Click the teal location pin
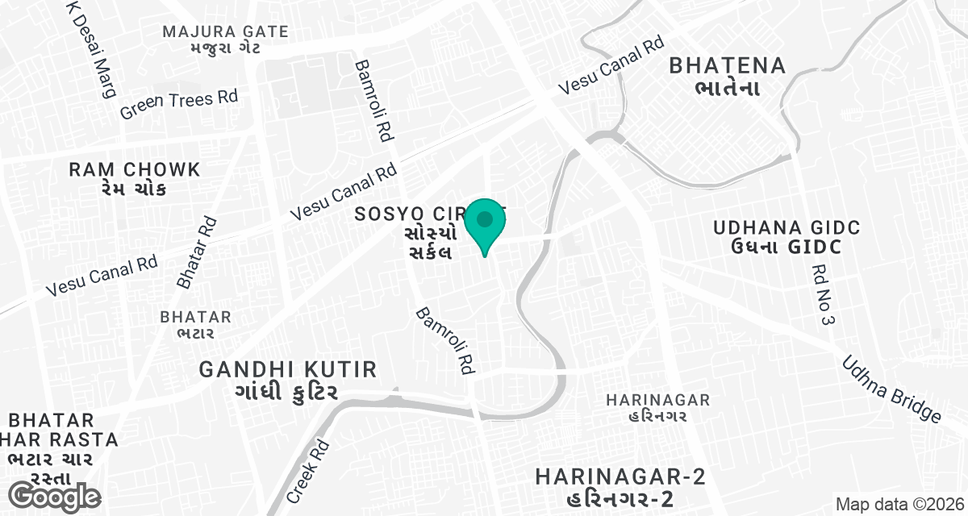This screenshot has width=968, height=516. point(485,224)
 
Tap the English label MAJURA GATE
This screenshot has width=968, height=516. point(225,32)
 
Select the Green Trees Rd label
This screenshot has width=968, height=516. point(179,104)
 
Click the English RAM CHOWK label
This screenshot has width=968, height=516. point(135,170)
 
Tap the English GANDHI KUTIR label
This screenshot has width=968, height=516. point(288,369)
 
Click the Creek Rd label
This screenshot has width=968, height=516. point(308,471)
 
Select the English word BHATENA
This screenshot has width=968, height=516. point(727,65)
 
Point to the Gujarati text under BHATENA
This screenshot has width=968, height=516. point(727,87)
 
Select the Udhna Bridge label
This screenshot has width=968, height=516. point(891,389)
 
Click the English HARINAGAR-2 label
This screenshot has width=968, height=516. point(620,476)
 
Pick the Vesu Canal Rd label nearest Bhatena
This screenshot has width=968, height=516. point(612,66)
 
